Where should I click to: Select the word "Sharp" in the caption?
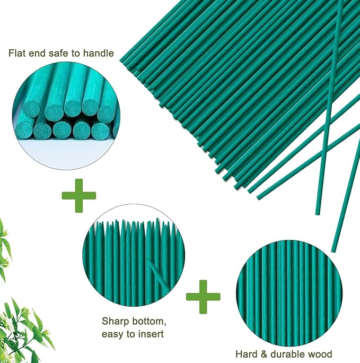[113, 321]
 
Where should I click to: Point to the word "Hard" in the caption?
[246, 354]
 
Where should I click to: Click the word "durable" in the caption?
[286, 354]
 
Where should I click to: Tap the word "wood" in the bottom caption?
[320, 354]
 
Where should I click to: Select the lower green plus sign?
[203, 296]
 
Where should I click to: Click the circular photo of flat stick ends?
[65, 108]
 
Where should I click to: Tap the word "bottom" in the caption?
[145, 321]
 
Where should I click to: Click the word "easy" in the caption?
[113, 334]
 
